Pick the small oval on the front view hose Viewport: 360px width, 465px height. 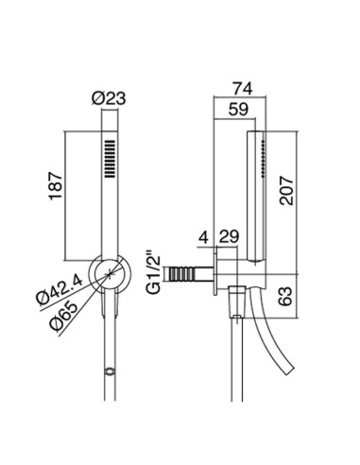[111, 370]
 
